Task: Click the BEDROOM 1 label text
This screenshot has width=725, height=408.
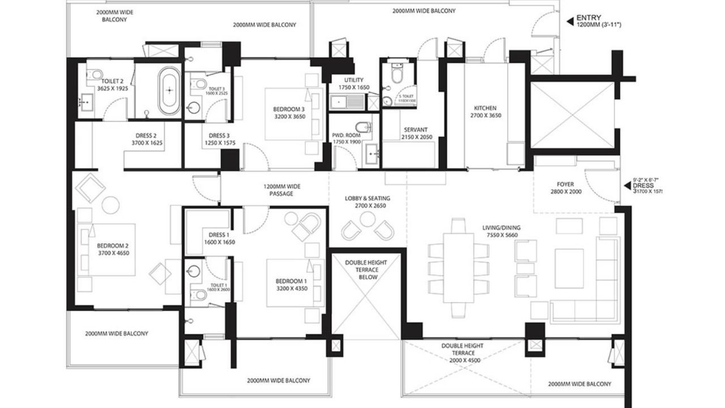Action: [291, 282]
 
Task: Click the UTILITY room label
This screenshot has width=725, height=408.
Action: [354, 80]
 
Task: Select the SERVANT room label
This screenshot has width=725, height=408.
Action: [416, 130]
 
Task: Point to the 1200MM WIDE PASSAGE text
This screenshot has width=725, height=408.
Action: [282, 190]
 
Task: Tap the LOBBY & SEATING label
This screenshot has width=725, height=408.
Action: [368, 198]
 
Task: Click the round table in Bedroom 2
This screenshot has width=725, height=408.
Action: [110, 204]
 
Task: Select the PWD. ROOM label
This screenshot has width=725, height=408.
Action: [346, 137]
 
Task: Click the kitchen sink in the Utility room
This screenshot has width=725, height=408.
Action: [347, 103]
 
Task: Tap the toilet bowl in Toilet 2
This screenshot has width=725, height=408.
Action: [96, 74]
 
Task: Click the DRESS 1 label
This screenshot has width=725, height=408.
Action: [219, 235]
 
